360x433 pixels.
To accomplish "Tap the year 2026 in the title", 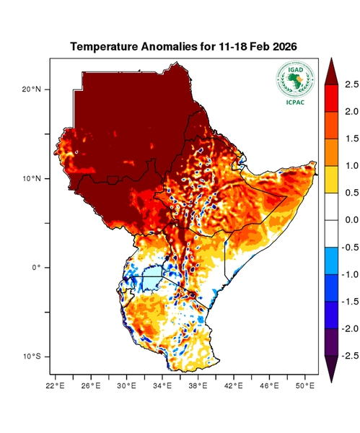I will click(282, 47).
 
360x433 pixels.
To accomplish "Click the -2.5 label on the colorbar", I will click(349, 356).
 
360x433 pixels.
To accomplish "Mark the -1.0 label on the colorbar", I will click(349, 274).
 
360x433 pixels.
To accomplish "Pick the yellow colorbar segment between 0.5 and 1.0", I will click(332, 179).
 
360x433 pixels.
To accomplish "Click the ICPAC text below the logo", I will click(294, 101).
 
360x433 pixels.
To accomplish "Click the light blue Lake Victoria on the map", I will click(152, 278).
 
